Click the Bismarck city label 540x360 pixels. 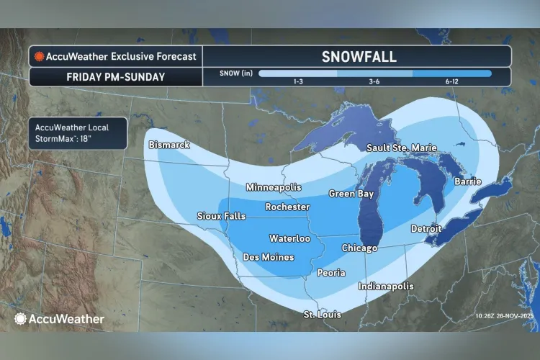point(169,145)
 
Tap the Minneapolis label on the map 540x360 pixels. point(274,187)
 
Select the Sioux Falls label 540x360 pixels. point(221,216)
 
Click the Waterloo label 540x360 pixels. point(289,238)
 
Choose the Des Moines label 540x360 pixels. point(268,256)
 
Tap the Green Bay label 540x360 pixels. point(351,194)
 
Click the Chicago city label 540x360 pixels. point(359,248)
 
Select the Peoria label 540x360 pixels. point(331,273)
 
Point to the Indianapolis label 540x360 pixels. point(386,286)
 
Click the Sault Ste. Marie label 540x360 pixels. point(401,148)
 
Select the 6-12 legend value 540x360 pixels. point(452,81)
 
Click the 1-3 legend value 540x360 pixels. point(297,81)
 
